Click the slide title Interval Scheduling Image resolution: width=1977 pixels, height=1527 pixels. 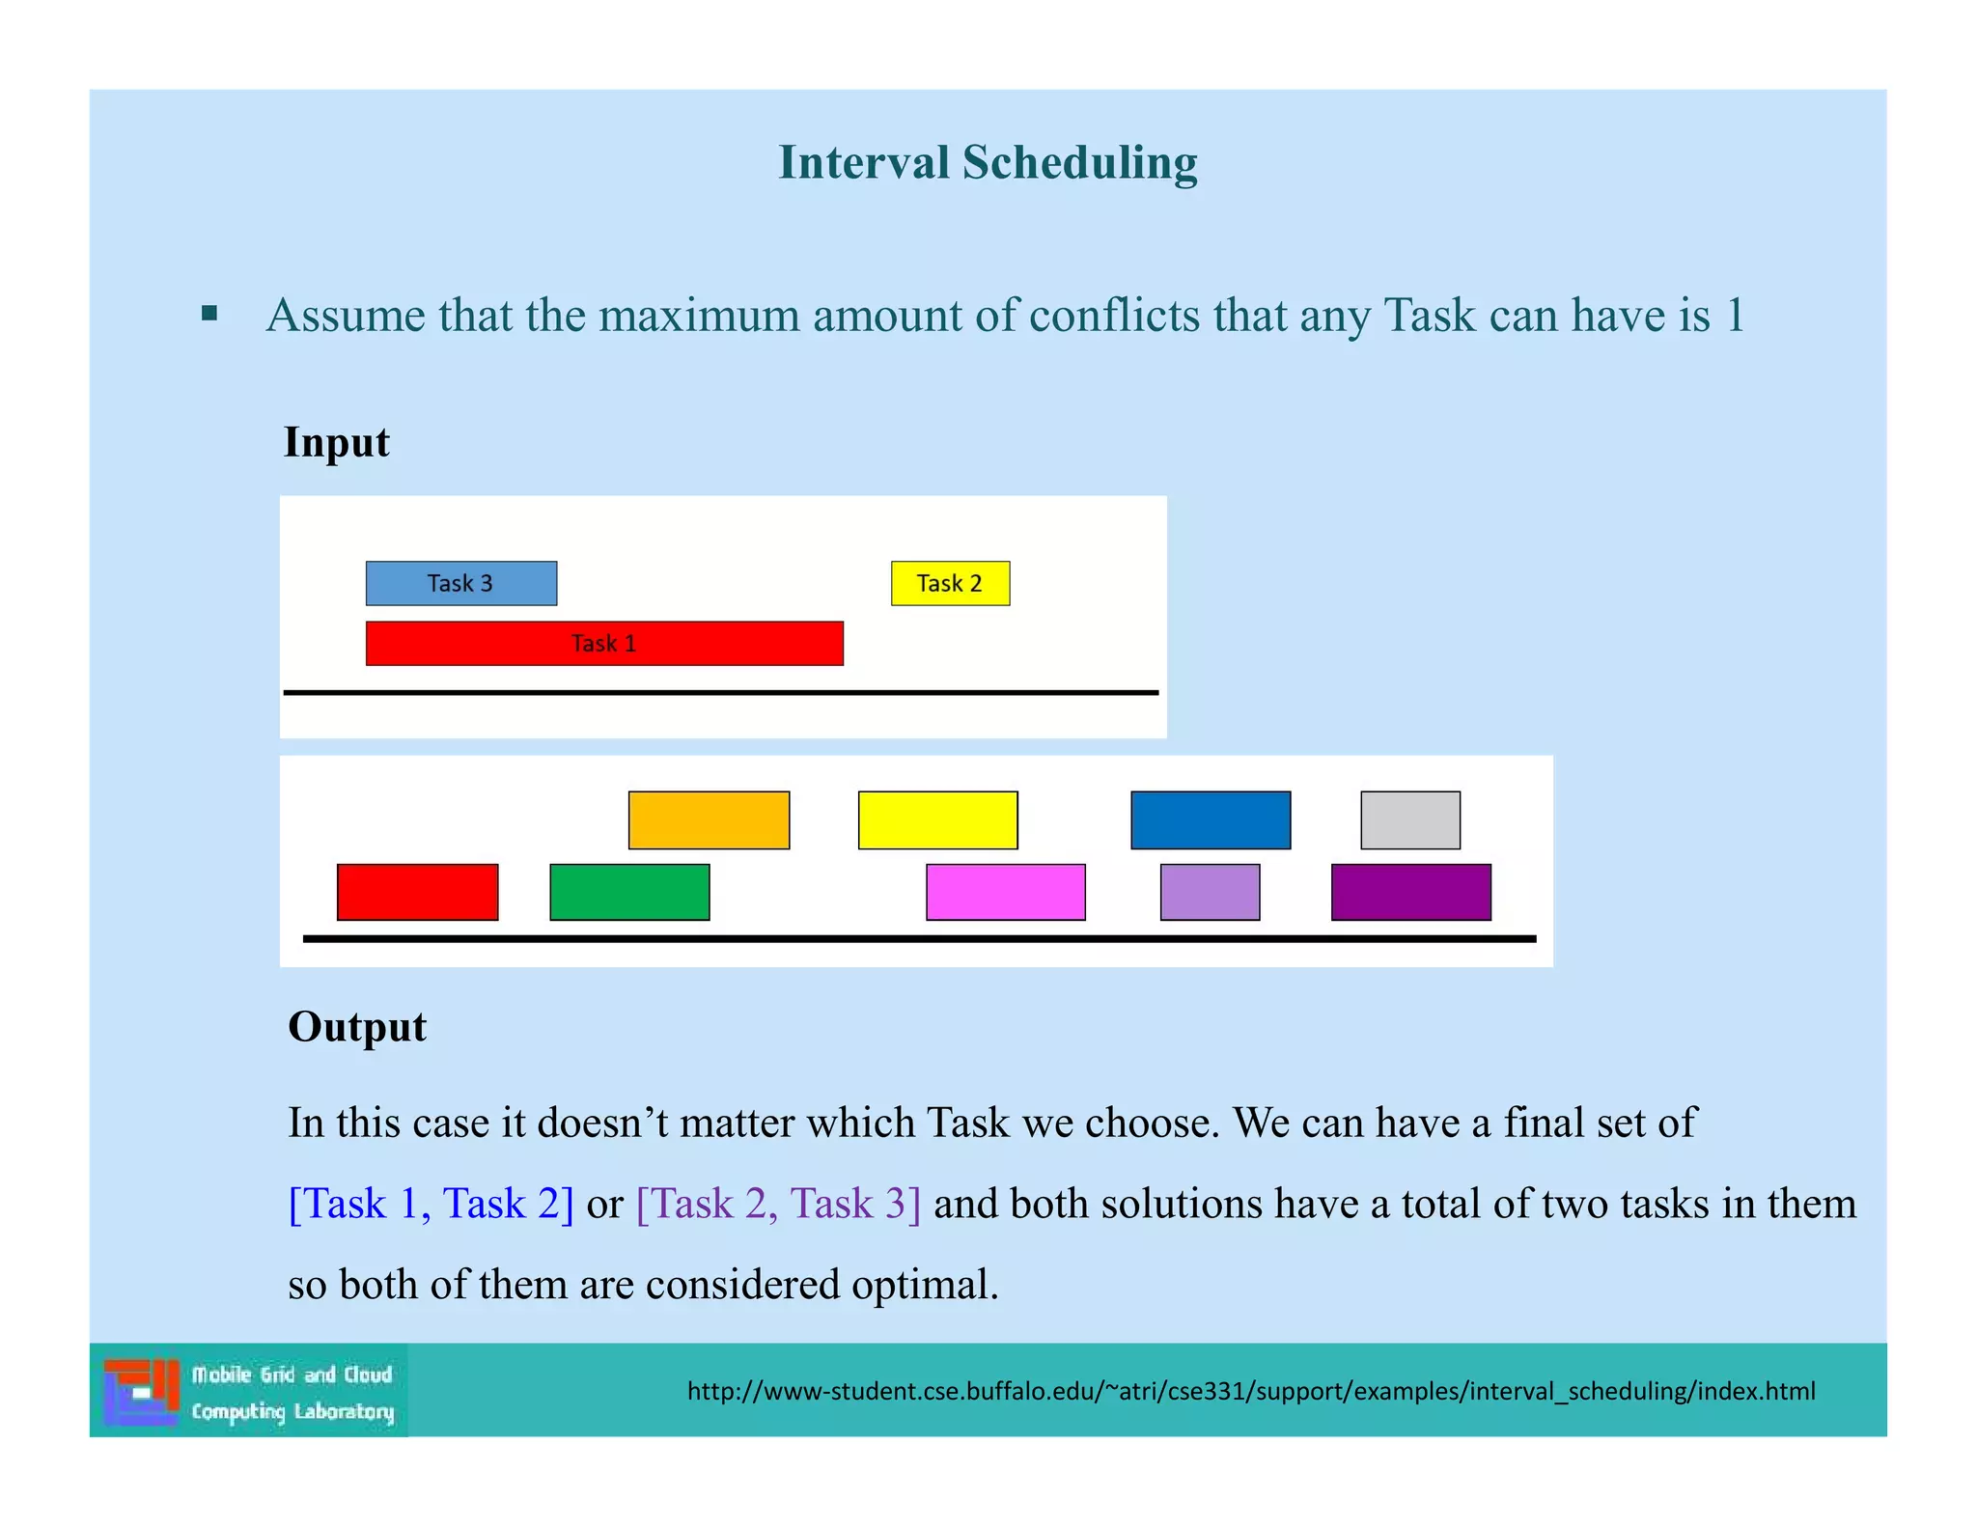(988, 162)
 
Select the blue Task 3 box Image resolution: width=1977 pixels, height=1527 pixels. (460, 583)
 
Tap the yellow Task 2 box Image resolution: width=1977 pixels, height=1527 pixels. (950, 583)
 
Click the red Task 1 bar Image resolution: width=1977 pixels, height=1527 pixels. (604, 643)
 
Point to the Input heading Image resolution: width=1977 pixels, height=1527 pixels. (336, 442)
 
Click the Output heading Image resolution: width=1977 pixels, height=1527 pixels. (357, 1026)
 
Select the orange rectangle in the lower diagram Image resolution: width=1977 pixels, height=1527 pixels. (709, 819)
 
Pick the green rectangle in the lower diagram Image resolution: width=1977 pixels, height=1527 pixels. (629, 892)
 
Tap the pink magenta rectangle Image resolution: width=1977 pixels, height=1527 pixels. (1005, 892)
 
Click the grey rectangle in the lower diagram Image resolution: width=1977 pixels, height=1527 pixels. (1409, 819)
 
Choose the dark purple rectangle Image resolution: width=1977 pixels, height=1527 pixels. (1410, 892)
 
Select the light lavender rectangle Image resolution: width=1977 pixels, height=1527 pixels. (1210, 892)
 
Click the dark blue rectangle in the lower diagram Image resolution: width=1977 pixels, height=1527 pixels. (1211, 819)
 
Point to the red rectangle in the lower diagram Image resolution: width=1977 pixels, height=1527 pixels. (417, 892)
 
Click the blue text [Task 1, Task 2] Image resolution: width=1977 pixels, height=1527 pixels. (431, 1204)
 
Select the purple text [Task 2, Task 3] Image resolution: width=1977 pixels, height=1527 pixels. (778, 1204)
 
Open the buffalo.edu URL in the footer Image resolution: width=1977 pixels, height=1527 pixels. (1250, 1391)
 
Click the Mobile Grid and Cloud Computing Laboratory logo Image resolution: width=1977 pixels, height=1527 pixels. (249, 1391)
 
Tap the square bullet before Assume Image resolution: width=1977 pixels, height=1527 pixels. (209, 314)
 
